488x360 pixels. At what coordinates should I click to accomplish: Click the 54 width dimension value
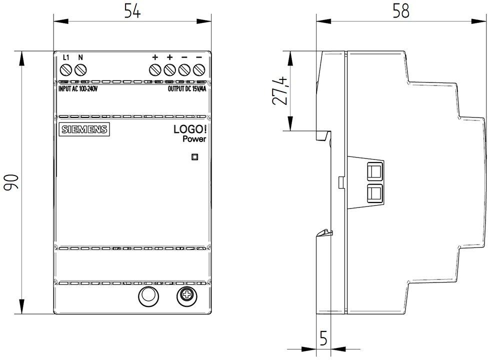(x=132, y=11)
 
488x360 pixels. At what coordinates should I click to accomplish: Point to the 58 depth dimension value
(x=401, y=11)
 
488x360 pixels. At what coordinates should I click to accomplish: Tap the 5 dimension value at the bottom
(x=323, y=338)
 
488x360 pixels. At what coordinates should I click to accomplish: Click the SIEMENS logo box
(x=84, y=129)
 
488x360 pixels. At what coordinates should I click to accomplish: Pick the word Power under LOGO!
(x=194, y=139)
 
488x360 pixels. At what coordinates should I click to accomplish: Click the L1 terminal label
(x=66, y=57)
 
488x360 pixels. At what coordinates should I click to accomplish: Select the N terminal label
(x=80, y=57)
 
